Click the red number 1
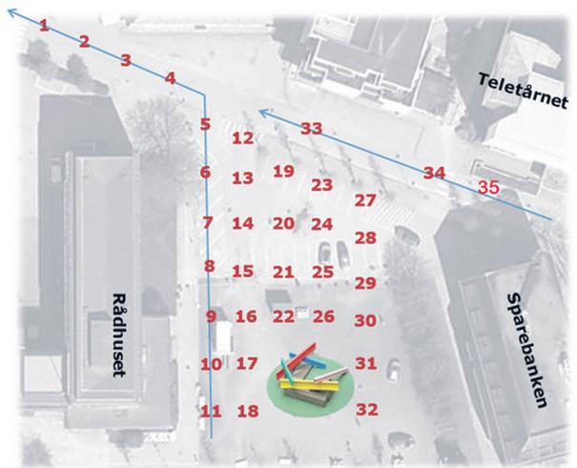coord(43,25)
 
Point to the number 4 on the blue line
coord(170,78)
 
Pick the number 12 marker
coord(242,138)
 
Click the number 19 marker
coord(282,171)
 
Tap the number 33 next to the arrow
coord(312,128)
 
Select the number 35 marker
coord(488,187)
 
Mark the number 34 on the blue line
coord(434,173)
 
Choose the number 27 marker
coord(365,201)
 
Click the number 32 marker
coord(367,409)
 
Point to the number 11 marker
coord(211,412)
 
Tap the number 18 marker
coord(248,412)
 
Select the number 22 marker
coord(283,316)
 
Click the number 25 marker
coord(322,272)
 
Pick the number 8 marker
coord(209,266)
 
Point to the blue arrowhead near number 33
coord(263,115)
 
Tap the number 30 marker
coord(365,321)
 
